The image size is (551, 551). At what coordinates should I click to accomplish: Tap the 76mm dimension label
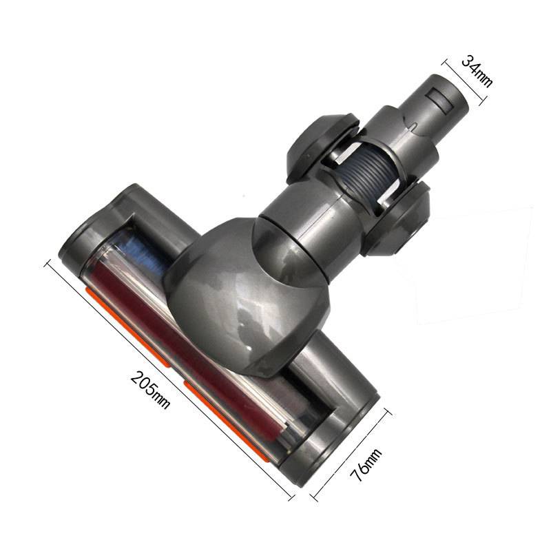point(364,468)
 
